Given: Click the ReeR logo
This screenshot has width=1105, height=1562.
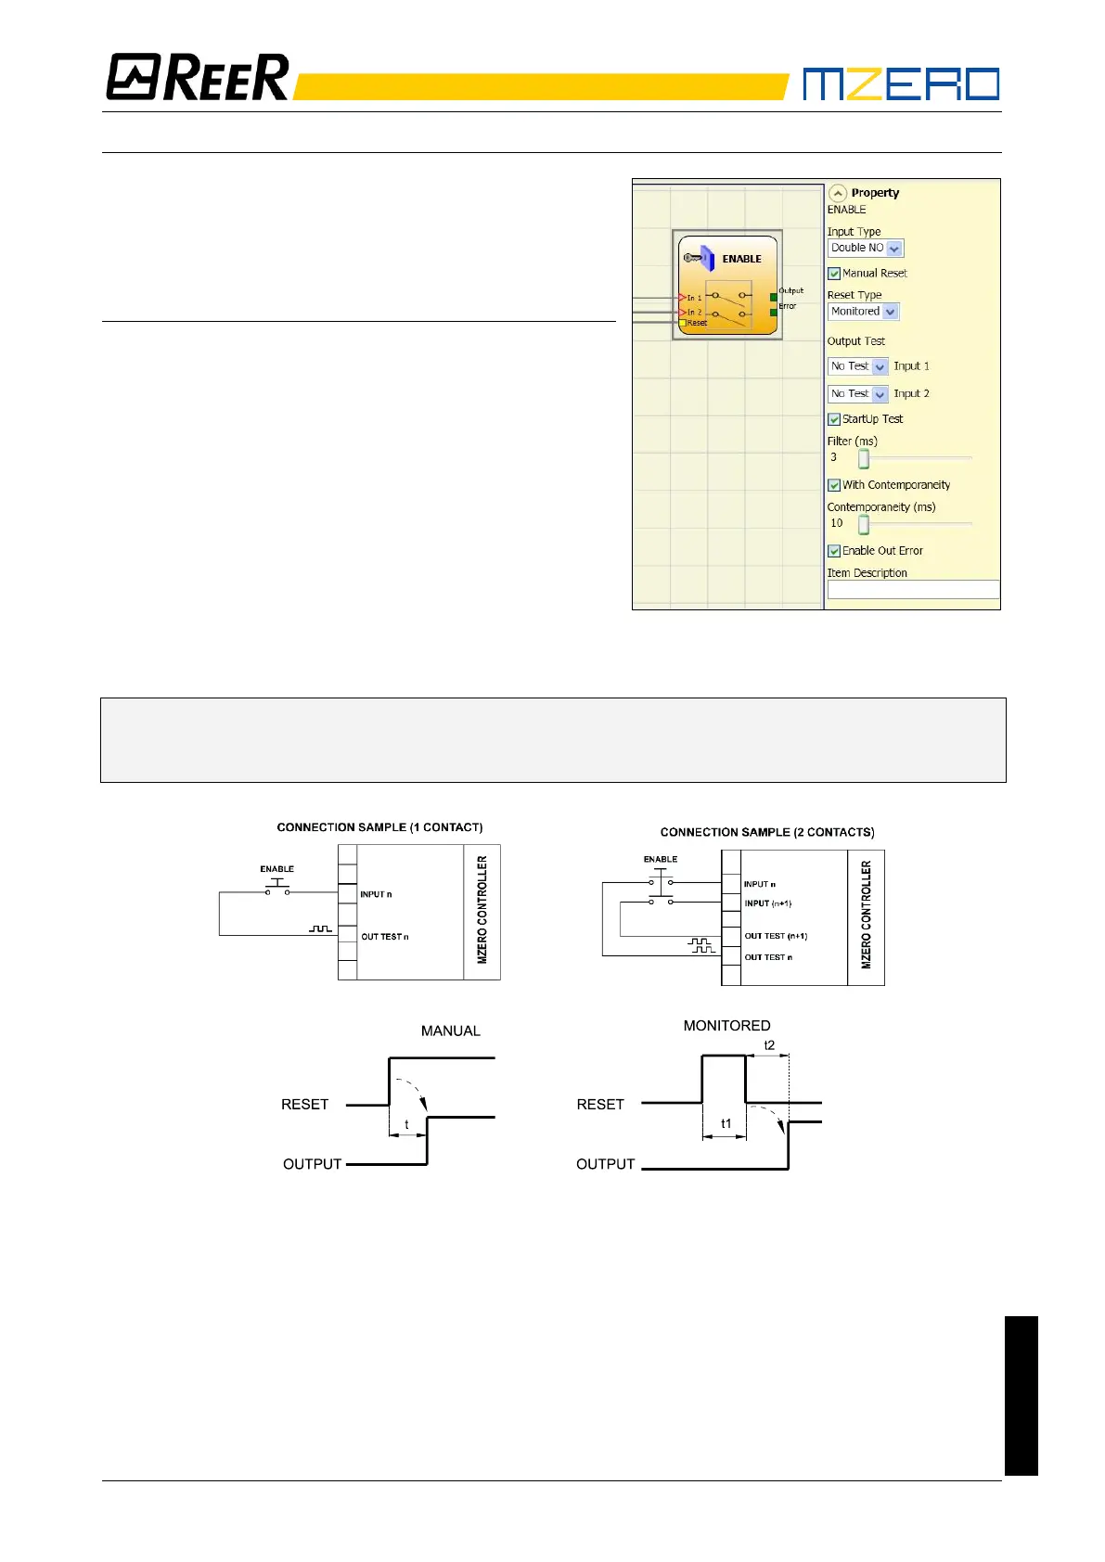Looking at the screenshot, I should [x=198, y=77].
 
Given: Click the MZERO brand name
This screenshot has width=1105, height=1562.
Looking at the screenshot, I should [x=900, y=83].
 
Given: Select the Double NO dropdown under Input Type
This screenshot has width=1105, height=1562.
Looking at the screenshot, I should [x=865, y=249].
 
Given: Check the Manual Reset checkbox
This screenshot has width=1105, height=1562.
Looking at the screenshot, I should [x=834, y=274].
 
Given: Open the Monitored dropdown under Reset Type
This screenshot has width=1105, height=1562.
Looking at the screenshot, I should [x=863, y=312].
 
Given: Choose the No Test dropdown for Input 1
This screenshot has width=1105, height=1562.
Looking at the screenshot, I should [x=857, y=366].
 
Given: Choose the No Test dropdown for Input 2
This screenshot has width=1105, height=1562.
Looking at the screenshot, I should [x=857, y=394].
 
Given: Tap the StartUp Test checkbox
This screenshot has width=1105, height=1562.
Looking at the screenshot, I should [x=834, y=419].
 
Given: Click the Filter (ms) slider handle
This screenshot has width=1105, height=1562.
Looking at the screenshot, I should [x=864, y=458].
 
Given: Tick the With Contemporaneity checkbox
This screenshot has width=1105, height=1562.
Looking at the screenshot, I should [x=834, y=485].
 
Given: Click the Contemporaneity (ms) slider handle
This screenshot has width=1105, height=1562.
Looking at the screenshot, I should [x=864, y=524].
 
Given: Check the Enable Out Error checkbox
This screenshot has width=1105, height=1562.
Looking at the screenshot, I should [x=834, y=551].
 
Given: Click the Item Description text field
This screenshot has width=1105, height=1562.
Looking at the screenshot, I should [x=913, y=589].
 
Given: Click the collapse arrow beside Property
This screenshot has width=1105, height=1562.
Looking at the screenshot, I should [x=838, y=193].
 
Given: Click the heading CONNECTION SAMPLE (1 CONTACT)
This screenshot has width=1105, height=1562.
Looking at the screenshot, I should [x=379, y=827].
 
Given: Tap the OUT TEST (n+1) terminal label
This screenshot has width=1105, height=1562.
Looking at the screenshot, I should [x=776, y=936].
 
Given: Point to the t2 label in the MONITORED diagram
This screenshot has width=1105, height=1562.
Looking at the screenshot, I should [x=769, y=1045].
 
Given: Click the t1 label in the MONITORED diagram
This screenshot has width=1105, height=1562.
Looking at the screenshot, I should [x=726, y=1123].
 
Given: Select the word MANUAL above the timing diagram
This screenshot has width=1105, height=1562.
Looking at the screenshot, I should [x=450, y=1031].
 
